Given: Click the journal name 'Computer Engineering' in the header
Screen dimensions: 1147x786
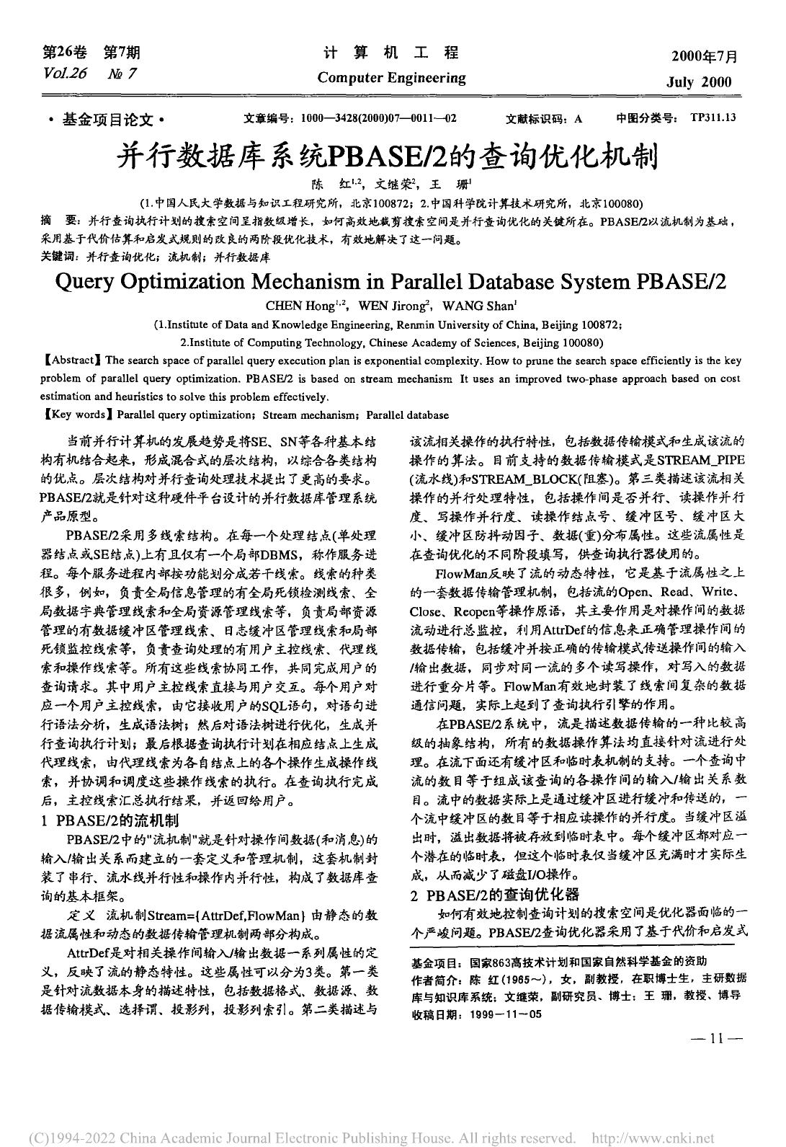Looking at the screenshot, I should (391, 78).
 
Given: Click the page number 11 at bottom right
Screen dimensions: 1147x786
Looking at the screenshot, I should (716, 1039).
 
